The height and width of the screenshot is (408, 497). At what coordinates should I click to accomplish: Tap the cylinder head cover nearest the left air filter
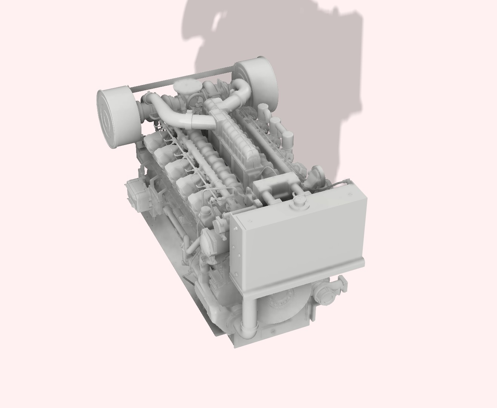click(155, 142)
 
